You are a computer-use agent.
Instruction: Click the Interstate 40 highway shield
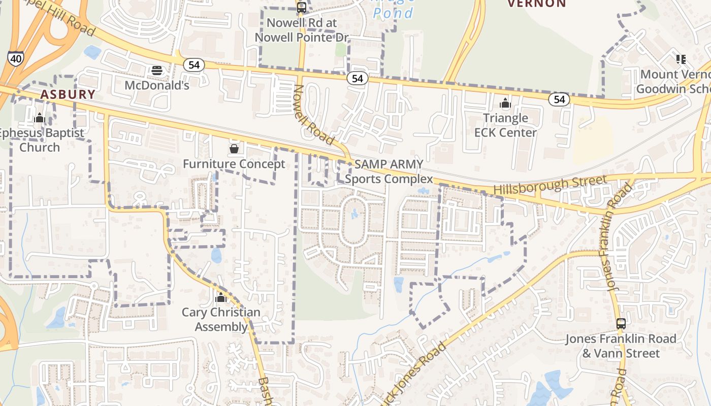(16, 58)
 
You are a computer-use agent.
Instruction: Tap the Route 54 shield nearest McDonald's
(193, 65)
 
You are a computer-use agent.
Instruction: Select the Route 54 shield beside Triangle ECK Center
(559, 99)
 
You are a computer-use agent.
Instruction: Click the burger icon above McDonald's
(157, 71)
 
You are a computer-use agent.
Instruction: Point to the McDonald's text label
(157, 85)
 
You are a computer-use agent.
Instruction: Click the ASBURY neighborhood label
(68, 94)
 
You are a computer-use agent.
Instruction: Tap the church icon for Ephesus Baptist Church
(40, 118)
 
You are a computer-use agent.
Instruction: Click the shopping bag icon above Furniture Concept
(234, 149)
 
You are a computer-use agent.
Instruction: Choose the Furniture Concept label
(234, 164)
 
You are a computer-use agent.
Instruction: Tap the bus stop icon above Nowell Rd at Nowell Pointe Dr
(302, 8)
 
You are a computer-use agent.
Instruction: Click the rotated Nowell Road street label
(313, 114)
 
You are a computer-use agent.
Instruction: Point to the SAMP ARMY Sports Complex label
(389, 172)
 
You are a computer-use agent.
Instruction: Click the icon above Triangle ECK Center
(505, 104)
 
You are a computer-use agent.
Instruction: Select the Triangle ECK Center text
(505, 125)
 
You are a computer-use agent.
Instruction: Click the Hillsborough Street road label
(550, 185)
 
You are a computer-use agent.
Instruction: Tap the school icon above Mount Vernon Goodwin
(681, 59)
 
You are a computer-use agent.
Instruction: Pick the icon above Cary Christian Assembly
(221, 297)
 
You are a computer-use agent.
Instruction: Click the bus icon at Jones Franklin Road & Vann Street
(621, 324)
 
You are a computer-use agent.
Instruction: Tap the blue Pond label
(393, 13)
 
